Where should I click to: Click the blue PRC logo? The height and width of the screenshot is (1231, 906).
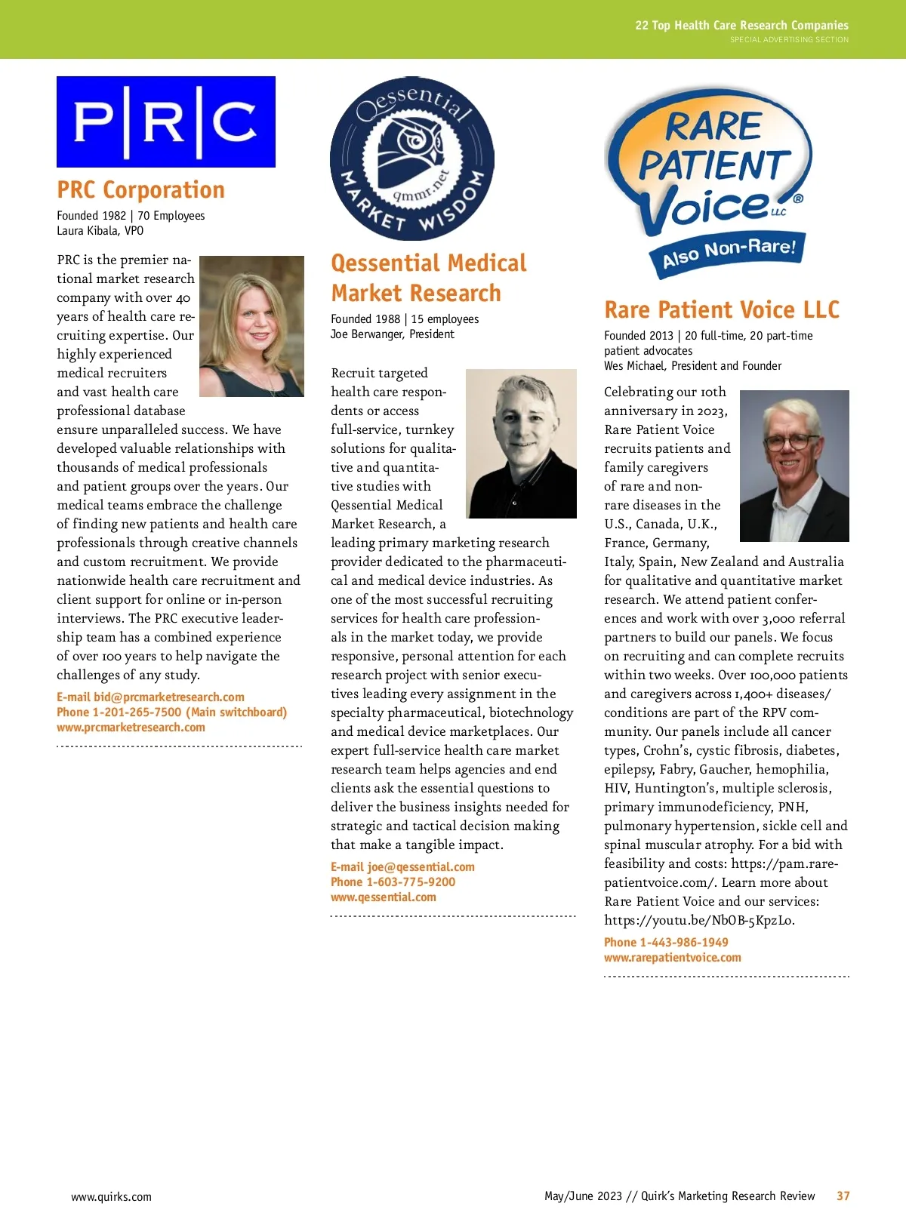(166, 122)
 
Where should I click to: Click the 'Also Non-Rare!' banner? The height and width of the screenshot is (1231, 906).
(729, 252)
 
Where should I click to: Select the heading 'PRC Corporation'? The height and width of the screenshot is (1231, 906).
(141, 189)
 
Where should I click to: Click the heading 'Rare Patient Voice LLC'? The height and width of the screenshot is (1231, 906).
(722, 309)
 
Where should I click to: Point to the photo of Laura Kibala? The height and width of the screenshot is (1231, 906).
(251, 326)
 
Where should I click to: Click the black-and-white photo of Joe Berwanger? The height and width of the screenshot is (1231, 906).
(521, 443)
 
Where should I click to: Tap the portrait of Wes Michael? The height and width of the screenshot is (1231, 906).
(794, 466)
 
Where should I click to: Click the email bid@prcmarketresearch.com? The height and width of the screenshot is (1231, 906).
(168, 697)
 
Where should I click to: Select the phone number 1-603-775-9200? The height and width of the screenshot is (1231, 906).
(411, 882)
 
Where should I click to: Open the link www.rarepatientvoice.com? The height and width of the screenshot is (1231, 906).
(673, 958)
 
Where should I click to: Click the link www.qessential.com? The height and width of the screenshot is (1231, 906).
(384, 897)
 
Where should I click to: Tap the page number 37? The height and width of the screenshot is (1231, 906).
(843, 1196)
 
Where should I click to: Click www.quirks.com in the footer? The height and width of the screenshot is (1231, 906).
(111, 1197)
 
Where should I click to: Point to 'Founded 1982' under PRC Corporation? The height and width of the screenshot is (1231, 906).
(91, 216)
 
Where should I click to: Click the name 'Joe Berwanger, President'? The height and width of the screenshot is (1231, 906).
(393, 334)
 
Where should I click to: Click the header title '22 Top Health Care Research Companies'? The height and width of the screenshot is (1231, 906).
(741, 26)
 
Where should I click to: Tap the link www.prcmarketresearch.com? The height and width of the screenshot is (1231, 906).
(131, 728)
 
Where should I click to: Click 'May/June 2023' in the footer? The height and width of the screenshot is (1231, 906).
(583, 1196)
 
